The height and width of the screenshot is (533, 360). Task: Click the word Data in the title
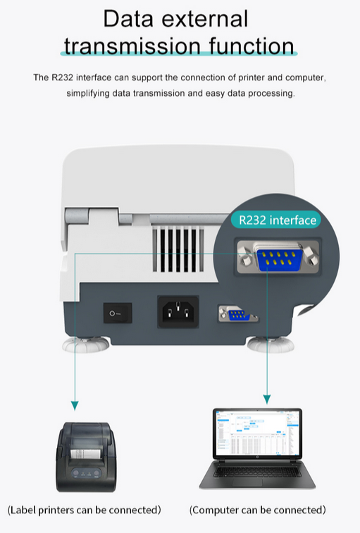coord(128,19)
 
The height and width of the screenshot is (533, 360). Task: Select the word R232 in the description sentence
coord(62,77)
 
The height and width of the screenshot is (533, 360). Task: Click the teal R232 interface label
coord(276,220)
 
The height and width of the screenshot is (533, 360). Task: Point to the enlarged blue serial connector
coord(279,260)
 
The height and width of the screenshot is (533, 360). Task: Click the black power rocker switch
coord(118,313)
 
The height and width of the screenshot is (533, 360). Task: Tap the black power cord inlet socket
coord(178,312)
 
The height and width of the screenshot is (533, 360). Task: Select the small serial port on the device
coord(237,314)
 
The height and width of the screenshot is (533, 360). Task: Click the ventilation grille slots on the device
coord(178,250)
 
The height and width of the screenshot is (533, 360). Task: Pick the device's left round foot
coord(86,344)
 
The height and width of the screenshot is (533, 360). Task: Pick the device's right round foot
coord(271,344)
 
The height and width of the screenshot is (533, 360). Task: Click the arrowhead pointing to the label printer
coord(75,405)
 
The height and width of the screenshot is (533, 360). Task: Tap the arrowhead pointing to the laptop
coord(267,399)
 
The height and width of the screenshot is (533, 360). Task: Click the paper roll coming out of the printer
coord(85,453)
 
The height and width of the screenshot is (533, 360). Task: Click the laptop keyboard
coord(258,471)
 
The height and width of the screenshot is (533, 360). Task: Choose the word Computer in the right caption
coord(216,510)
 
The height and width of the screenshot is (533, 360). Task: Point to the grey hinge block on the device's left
coord(77,216)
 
